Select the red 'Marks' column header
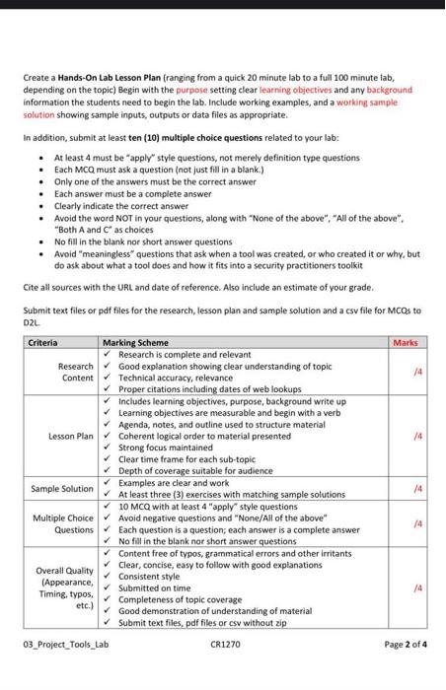[x=405, y=342]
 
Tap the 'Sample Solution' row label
[x=62, y=488]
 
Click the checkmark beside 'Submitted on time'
[x=107, y=586]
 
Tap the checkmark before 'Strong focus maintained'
[x=107, y=447]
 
